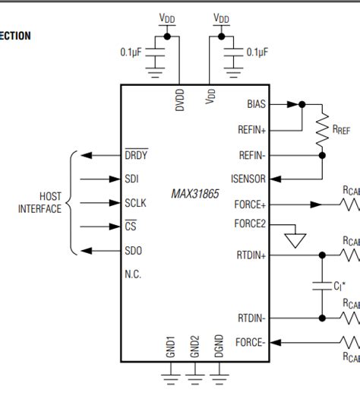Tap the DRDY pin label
136,155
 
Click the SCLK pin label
135,203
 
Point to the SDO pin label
133,251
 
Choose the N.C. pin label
133,274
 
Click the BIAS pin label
257,104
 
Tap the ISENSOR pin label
248,180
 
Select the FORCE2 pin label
250,223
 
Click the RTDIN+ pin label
251,256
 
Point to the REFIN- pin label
252,154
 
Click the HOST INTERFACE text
39,203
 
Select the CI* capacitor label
339,287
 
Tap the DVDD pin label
180,102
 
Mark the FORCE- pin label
250,342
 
